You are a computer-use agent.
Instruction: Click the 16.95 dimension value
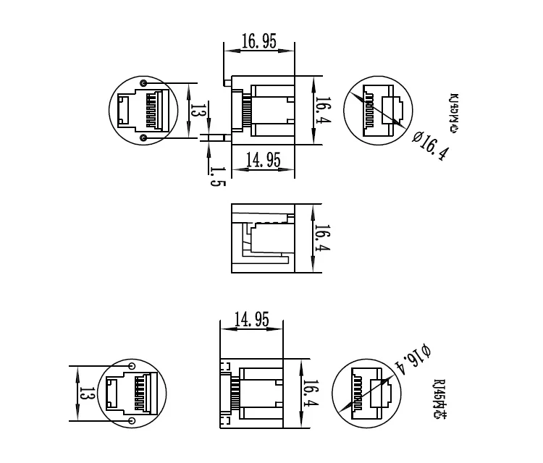[x=259, y=41]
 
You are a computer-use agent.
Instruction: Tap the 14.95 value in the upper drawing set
[x=263, y=161]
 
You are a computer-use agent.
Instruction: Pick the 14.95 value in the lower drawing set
[x=251, y=319]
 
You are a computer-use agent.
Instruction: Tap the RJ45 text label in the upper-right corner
[x=454, y=113]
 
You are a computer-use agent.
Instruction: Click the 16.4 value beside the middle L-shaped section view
[x=322, y=238]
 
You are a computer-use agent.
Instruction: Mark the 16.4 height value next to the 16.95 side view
[x=322, y=111]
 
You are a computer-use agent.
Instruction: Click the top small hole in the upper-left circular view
[x=143, y=84]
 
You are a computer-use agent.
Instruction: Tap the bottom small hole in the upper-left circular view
[x=143, y=137]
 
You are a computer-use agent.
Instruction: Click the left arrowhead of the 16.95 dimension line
[x=227, y=51]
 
